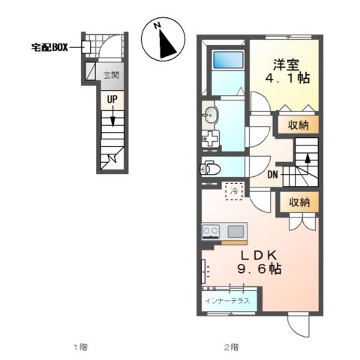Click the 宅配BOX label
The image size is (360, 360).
tap(48, 46)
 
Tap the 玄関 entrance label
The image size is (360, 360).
tap(111, 74)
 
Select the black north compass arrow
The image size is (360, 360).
tap(166, 44)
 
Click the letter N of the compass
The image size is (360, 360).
tap(158, 25)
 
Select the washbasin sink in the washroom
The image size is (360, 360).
tap(212, 115)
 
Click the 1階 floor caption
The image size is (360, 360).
tap(80, 346)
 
